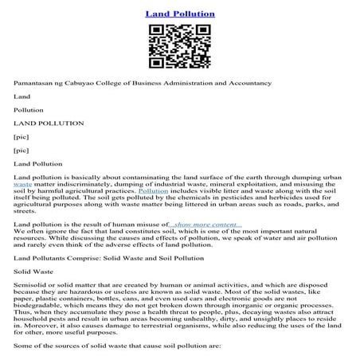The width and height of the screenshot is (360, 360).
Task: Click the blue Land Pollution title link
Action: pyautogui.click(x=180, y=14)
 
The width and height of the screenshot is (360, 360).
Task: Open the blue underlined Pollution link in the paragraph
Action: pyautogui.click(x=153, y=191)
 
